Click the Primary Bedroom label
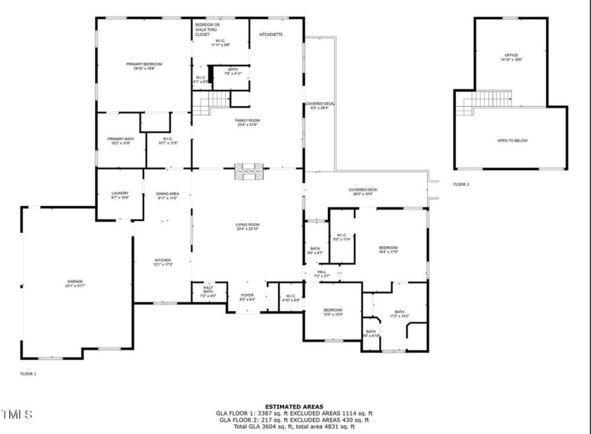point(143,65)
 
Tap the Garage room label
point(75,283)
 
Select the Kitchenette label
point(271,34)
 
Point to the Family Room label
point(247,122)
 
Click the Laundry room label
point(120,196)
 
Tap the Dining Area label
point(167,196)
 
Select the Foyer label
point(247,297)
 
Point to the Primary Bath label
point(120,141)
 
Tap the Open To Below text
point(512,141)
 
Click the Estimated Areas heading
point(295,407)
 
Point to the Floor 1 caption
point(28,374)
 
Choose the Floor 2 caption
point(461,184)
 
